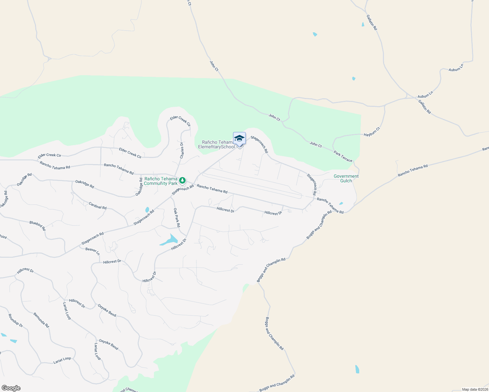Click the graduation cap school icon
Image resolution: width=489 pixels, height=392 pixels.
[239, 138]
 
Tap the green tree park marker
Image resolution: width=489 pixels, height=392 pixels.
[182, 180]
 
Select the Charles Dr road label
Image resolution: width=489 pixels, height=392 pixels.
[182, 150]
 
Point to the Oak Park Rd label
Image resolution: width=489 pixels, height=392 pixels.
[177, 218]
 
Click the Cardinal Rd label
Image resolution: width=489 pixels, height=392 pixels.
[98, 206]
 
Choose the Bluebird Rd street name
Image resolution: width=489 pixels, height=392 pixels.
[38, 225]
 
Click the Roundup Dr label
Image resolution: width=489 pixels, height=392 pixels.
[16, 321]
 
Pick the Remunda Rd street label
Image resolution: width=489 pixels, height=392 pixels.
[41, 320]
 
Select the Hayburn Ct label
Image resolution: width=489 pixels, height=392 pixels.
[372, 132]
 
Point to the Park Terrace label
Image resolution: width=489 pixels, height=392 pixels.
[343, 156]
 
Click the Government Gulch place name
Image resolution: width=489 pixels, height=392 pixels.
[346, 178]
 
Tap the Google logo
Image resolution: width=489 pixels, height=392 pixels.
[11, 388]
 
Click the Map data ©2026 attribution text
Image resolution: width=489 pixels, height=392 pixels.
[474, 389]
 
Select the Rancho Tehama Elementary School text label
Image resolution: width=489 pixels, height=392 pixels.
[216, 144]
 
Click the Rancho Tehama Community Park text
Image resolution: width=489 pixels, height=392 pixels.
[161, 181]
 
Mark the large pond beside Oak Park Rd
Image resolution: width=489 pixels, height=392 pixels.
[169, 240]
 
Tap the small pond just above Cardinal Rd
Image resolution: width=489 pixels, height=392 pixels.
[147, 210]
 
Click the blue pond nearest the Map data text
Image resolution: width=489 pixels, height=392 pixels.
[357, 369]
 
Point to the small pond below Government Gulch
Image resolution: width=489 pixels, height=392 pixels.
[341, 203]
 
